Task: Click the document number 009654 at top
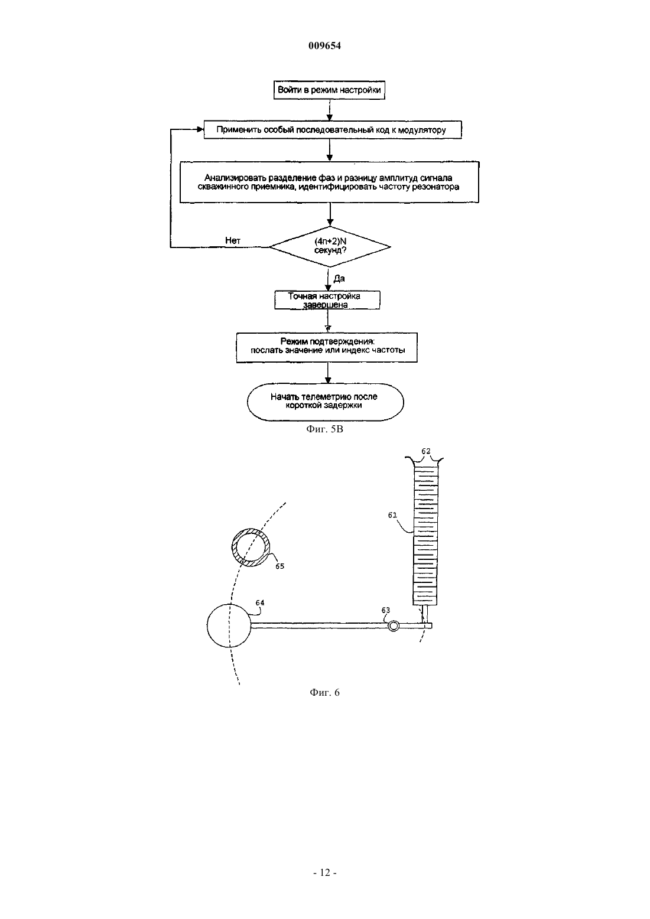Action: pyautogui.click(x=324, y=45)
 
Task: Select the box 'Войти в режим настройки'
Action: pyautogui.click(x=329, y=90)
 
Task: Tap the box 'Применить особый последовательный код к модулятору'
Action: pyautogui.click(x=333, y=130)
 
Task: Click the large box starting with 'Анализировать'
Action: pyautogui.click(x=330, y=182)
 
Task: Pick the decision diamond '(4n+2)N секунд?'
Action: pyautogui.click(x=330, y=246)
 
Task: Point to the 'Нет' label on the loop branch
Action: pyautogui.click(x=233, y=241)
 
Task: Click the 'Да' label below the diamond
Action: pyautogui.click(x=339, y=279)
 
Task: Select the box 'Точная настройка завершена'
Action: pyautogui.click(x=327, y=300)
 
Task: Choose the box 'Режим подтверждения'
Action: pyautogui.click(x=327, y=347)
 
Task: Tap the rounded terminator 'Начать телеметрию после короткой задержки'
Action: pyautogui.click(x=326, y=402)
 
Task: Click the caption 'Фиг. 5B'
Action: pyautogui.click(x=324, y=429)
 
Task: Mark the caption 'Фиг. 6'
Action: pyautogui.click(x=324, y=693)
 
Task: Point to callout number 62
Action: pyautogui.click(x=426, y=451)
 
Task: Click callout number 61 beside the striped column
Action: pyautogui.click(x=392, y=515)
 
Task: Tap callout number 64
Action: pyautogui.click(x=260, y=602)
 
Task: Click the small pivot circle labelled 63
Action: pyautogui.click(x=394, y=625)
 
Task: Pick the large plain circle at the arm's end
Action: pyautogui.click(x=229, y=625)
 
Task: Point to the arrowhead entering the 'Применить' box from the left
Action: pyautogui.click(x=201, y=130)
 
